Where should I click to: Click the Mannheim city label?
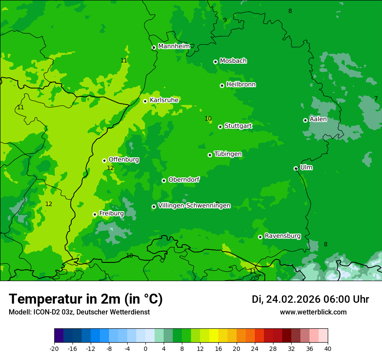(174, 46)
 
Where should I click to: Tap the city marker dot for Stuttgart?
(220, 127)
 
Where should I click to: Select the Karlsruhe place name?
(164, 100)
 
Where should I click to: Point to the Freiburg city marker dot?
(95, 214)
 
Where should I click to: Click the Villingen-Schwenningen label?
(194, 206)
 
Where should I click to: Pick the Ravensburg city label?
(283, 236)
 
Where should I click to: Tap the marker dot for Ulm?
(296, 168)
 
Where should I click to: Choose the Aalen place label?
(318, 119)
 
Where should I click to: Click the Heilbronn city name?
(241, 85)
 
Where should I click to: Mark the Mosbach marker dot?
(215, 62)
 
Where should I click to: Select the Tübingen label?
(228, 154)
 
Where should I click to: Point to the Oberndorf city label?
(184, 180)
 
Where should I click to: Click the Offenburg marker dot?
(104, 160)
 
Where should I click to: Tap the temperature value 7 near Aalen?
(376, 98)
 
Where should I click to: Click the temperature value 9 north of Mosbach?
(225, 20)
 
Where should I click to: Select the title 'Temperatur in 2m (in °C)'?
(86, 299)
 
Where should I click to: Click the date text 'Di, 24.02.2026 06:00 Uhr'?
(310, 299)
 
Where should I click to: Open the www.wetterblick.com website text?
(313, 312)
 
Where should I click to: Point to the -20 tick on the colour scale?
(54, 348)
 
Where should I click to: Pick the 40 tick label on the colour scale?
(327, 348)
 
